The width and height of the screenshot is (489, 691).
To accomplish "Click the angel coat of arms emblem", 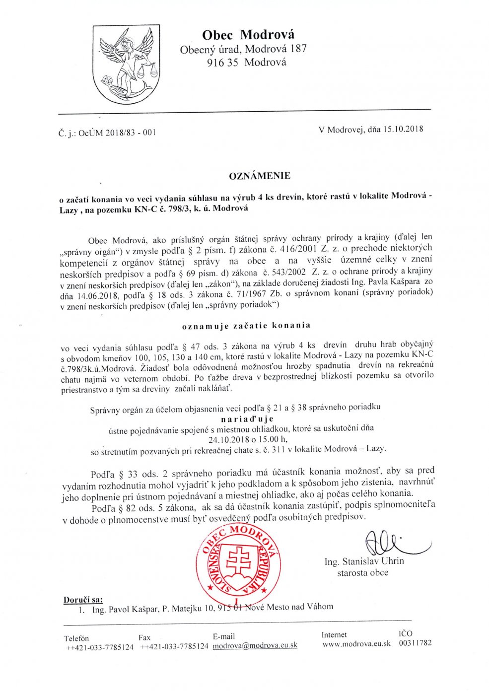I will (126, 65).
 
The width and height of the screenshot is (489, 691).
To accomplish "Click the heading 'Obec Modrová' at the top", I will (248, 35).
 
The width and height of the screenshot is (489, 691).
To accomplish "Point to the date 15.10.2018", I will (403, 129).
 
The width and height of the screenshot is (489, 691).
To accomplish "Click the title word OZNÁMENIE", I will (260, 176).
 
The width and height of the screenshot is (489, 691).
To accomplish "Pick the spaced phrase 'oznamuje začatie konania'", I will (246, 326).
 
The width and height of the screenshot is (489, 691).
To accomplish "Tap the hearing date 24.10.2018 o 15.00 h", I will (248, 439).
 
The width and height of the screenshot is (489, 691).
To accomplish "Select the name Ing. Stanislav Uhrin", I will (364, 561).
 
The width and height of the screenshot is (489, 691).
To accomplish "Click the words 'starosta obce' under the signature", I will (363, 573).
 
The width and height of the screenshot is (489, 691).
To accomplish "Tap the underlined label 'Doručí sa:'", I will (83, 600).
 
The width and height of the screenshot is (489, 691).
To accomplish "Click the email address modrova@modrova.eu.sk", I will (255, 645).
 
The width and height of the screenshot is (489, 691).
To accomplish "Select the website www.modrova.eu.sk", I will (356, 644).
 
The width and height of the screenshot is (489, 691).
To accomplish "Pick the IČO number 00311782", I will (415, 643).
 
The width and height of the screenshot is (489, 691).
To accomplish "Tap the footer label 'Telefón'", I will (76, 638).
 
